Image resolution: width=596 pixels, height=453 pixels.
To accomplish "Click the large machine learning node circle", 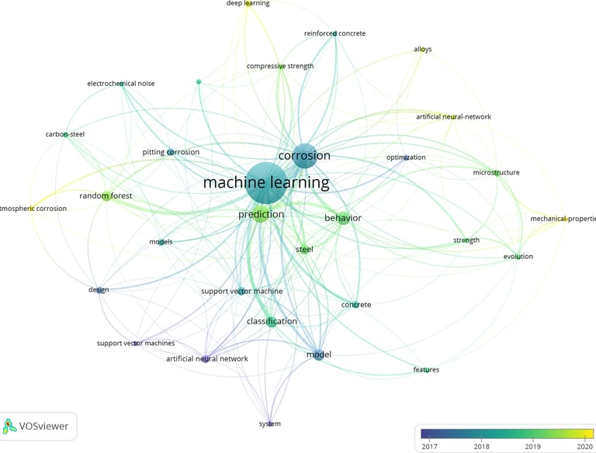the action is [265, 183].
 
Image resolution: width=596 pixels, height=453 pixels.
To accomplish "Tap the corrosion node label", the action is [304, 156].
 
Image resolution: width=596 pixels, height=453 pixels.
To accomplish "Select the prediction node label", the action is [261, 215].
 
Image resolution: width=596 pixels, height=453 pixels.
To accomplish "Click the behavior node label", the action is [343, 218].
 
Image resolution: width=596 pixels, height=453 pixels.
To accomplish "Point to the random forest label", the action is [106, 196].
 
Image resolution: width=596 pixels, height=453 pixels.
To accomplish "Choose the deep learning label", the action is [248, 4].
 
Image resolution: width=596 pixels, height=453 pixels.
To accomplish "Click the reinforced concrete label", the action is [334, 34].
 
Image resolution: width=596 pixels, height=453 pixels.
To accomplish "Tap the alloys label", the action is [423, 50].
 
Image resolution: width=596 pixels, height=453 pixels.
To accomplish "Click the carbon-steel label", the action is [65, 134].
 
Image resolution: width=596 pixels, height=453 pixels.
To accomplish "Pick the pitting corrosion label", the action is [171, 152].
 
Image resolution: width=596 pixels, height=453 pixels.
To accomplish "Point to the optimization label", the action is [406, 157].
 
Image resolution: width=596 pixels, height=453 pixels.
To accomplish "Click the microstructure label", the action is [496, 173].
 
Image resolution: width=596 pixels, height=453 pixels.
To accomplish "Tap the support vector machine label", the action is [241, 292].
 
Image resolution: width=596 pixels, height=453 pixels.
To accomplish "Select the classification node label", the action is [272, 321].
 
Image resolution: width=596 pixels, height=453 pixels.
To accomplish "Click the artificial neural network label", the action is [207, 359].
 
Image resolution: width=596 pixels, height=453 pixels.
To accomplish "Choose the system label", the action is [270, 424].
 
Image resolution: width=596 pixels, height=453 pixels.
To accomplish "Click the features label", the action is [426, 370].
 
